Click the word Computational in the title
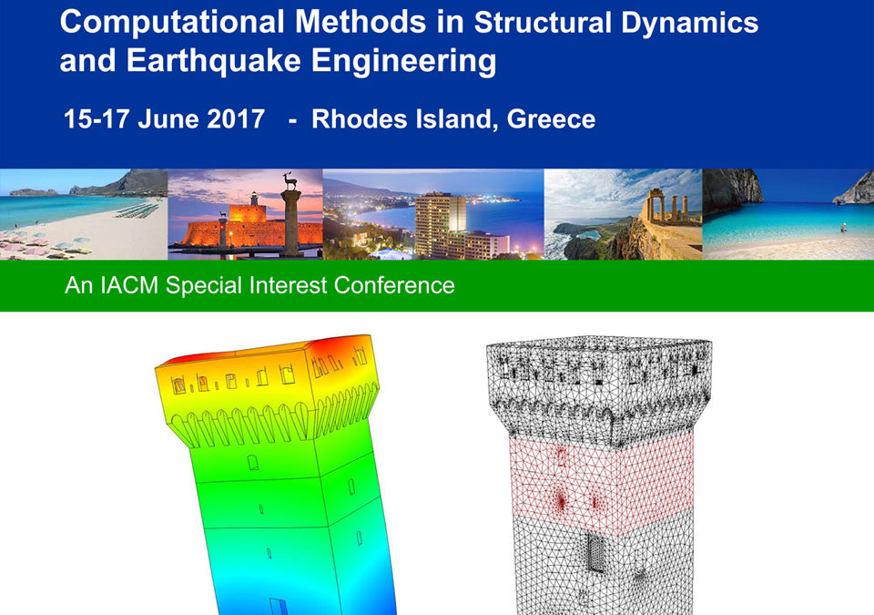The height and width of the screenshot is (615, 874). point(172,24)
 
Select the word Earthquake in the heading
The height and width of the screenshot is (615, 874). point(213,60)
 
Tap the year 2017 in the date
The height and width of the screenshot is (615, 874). point(236,118)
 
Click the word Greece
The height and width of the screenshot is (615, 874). point(552,118)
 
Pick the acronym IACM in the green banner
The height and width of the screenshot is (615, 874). point(129,285)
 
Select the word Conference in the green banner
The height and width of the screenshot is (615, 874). point(394,285)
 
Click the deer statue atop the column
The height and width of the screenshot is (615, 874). point(290,180)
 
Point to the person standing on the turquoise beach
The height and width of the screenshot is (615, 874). point(843,228)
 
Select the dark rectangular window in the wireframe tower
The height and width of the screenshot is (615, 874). point(595,553)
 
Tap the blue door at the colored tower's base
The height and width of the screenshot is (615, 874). point(279,607)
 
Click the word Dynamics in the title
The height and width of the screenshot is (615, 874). point(689,24)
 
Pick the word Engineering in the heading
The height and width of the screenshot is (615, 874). point(403,60)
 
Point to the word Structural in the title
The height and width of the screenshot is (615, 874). point(543,24)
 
